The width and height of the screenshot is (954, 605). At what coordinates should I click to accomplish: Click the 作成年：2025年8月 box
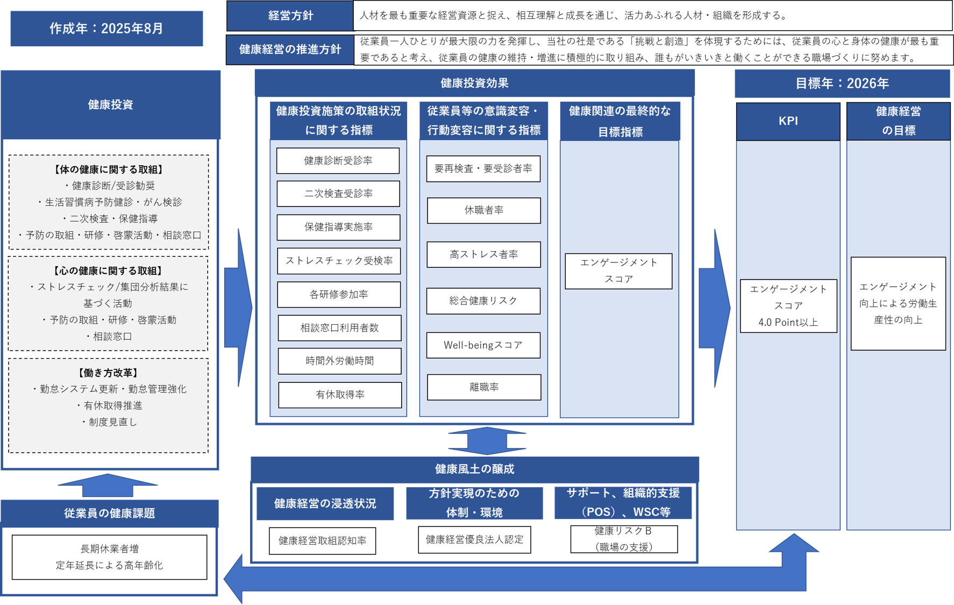106,29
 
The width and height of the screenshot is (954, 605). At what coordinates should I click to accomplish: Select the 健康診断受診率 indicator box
338,161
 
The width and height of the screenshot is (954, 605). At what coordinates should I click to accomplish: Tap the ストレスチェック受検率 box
339,261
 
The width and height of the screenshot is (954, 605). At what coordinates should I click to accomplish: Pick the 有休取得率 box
340,395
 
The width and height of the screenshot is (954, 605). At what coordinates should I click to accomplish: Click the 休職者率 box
483,210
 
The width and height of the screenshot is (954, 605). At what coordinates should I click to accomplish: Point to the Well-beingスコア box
483,345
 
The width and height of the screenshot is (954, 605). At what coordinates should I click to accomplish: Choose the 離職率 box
483,387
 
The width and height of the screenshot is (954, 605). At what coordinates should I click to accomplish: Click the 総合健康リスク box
483,301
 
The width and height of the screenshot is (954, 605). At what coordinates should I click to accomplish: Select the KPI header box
788,122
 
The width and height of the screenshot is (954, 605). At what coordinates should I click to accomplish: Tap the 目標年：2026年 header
842,83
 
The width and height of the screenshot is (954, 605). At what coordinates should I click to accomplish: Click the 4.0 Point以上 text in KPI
788,322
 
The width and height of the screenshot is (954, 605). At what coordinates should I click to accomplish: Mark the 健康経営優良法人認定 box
474,539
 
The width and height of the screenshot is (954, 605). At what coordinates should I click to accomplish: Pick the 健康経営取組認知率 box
322,540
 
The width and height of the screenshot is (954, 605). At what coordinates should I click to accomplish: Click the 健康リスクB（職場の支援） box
623,539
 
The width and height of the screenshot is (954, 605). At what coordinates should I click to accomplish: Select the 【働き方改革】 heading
108,373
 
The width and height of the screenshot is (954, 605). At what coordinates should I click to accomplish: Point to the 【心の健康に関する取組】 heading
108,271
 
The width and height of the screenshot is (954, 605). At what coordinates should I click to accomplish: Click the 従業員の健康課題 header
109,514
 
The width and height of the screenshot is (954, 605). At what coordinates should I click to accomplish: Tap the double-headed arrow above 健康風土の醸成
487,441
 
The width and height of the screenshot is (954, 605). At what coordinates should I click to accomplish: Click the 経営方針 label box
290,16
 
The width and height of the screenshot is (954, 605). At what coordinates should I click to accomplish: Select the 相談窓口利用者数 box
339,328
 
